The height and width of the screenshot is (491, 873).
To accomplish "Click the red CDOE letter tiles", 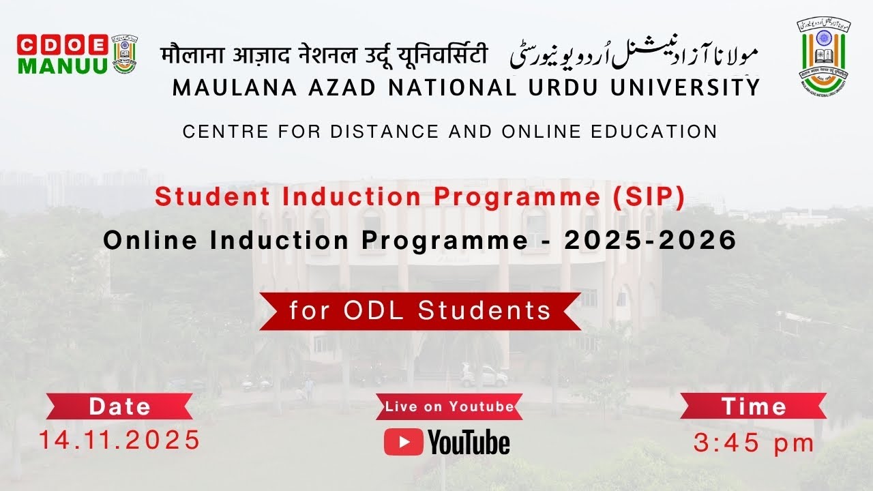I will [62, 44].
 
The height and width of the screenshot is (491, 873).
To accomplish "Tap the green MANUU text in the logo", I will [62, 65].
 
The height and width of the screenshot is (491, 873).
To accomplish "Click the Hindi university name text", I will [324, 55].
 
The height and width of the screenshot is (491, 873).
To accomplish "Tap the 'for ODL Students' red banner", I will [420, 311].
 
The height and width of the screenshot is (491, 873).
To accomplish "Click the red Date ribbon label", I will [120, 406].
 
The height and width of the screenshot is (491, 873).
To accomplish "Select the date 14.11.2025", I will [120, 440].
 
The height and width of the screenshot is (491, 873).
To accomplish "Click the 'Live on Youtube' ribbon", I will [449, 407].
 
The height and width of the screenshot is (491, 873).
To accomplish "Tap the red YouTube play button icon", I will [403, 442].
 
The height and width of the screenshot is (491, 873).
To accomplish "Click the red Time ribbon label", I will [754, 406].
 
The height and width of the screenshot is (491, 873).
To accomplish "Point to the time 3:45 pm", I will [754, 443].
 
